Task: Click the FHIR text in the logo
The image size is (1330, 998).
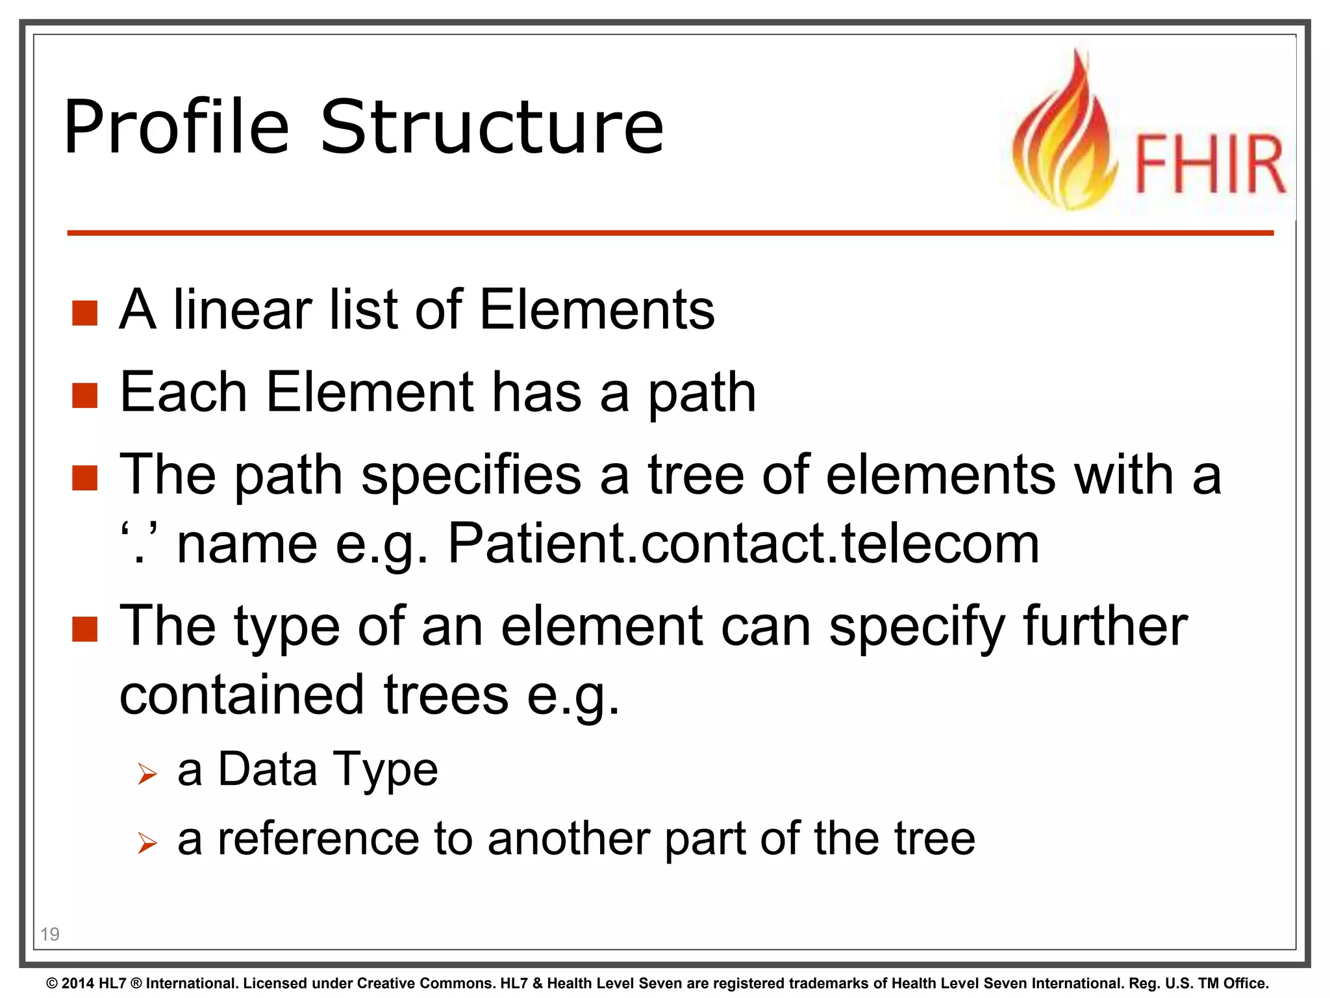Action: (x=1209, y=164)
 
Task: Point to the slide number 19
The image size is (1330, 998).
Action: (x=50, y=934)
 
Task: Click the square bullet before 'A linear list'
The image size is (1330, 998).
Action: (x=84, y=313)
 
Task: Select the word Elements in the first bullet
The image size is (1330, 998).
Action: (x=597, y=310)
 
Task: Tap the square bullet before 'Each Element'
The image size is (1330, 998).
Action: (x=84, y=395)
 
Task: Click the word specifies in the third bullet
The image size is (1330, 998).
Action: (x=471, y=475)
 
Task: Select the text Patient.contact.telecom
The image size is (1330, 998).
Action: (x=744, y=543)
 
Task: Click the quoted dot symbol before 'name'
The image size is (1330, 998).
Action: (x=138, y=543)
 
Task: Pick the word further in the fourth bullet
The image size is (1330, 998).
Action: (x=1105, y=626)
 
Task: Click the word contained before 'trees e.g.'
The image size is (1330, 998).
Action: (x=242, y=695)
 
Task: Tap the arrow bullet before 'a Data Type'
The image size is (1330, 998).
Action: (x=147, y=774)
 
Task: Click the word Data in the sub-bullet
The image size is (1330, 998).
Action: (x=267, y=769)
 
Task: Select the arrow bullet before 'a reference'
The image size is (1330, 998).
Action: (x=147, y=843)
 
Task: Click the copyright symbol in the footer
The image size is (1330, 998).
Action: (x=52, y=984)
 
